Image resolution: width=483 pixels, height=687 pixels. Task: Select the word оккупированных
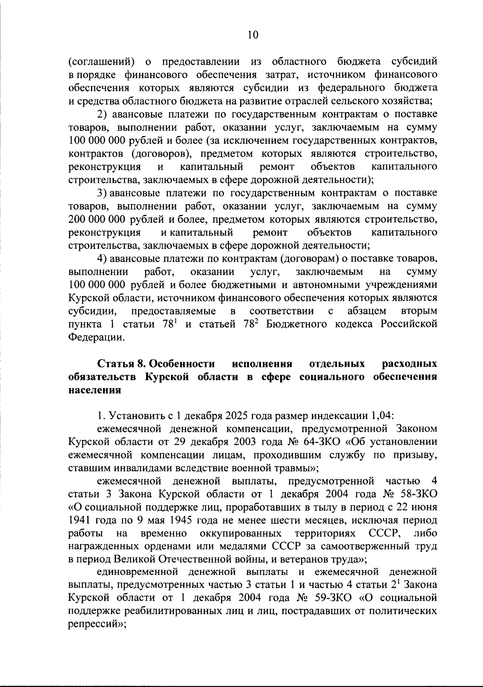(x=240, y=534)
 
